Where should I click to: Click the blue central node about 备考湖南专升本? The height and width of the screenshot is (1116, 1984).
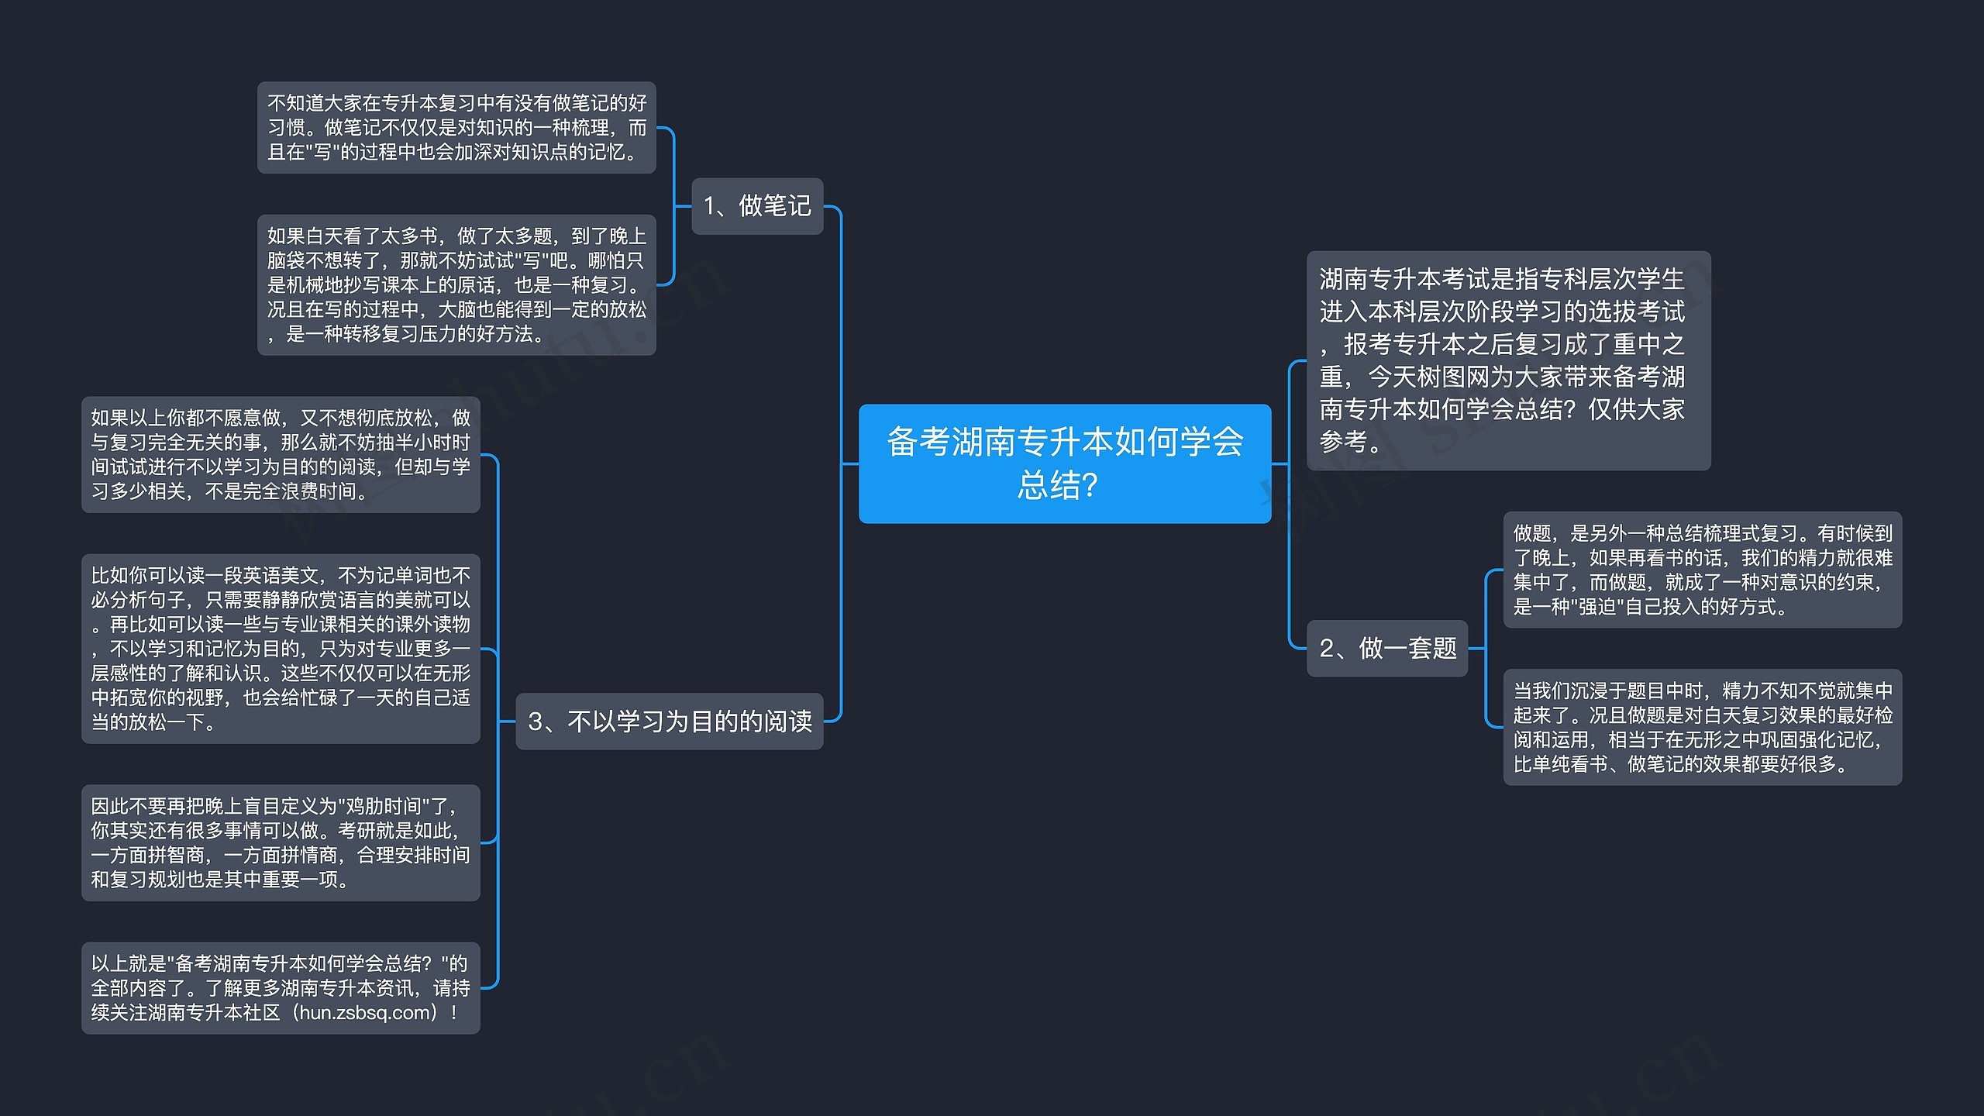point(1064,463)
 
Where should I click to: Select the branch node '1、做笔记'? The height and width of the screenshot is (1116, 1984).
point(756,206)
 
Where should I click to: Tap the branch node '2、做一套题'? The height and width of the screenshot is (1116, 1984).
point(1386,648)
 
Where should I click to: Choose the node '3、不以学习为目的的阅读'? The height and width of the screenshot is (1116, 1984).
point(669,722)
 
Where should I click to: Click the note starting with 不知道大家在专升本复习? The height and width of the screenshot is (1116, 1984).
point(456,128)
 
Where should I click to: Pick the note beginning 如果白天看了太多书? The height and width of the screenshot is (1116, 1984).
point(456,284)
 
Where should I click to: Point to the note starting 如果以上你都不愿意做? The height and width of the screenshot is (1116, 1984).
point(281,454)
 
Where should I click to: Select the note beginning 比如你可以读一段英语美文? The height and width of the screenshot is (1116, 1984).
point(281,649)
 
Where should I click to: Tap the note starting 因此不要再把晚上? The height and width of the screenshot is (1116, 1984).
point(281,842)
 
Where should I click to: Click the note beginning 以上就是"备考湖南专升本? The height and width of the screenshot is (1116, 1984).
point(281,988)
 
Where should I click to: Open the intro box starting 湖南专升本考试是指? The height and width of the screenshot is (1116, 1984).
point(1507,360)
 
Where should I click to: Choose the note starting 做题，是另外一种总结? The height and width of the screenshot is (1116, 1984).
point(1702,570)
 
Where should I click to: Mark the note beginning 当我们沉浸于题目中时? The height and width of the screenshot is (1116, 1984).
point(1702,727)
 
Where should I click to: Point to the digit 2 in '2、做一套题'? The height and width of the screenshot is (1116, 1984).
point(1326,649)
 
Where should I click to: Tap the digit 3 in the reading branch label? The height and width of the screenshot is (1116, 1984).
point(535,722)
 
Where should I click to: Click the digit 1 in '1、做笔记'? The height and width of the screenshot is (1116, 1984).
point(709,207)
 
